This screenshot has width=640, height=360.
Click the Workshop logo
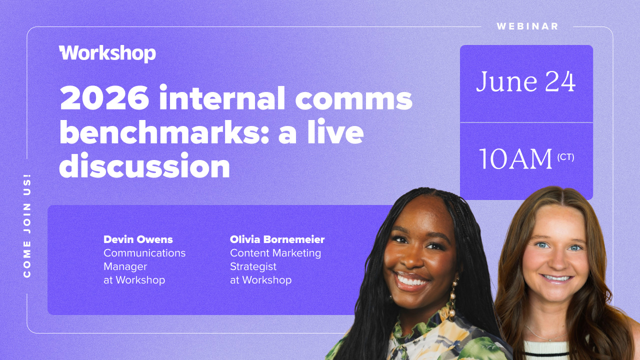[x=107, y=53]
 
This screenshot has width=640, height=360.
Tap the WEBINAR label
[x=527, y=26]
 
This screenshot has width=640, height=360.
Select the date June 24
[x=525, y=81]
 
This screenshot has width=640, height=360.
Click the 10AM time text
[x=515, y=159]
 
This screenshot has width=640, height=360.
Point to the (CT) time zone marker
[x=565, y=157]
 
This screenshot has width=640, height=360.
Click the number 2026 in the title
[x=104, y=97]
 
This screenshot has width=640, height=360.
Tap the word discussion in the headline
[x=144, y=165]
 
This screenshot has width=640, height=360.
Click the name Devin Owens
[x=138, y=239]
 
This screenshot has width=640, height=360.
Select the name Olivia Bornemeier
[x=277, y=239]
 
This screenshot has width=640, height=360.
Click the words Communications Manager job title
[x=144, y=259]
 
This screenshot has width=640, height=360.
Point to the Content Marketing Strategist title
[x=275, y=259]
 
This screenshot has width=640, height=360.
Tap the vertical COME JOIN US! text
[x=27, y=225]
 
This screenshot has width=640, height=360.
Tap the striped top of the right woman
[x=547, y=351]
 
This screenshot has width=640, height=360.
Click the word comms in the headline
[x=353, y=99]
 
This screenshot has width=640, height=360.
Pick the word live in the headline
[x=335, y=131]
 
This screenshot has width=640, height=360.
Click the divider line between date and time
[x=526, y=122]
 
